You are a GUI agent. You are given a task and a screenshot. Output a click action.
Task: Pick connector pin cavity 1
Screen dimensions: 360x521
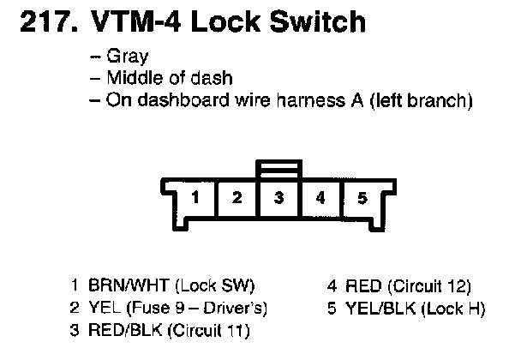coord(196,198)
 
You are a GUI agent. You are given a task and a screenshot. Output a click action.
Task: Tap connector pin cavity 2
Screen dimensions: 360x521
coord(237,198)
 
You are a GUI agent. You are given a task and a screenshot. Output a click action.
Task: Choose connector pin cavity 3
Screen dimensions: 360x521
coord(278,198)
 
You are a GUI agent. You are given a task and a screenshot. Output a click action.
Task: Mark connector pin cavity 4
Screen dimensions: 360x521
coord(320,198)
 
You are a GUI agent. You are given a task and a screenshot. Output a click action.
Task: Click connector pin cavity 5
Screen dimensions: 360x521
coord(361,198)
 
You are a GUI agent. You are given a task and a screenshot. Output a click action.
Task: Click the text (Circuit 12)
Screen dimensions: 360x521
coord(428,286)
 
